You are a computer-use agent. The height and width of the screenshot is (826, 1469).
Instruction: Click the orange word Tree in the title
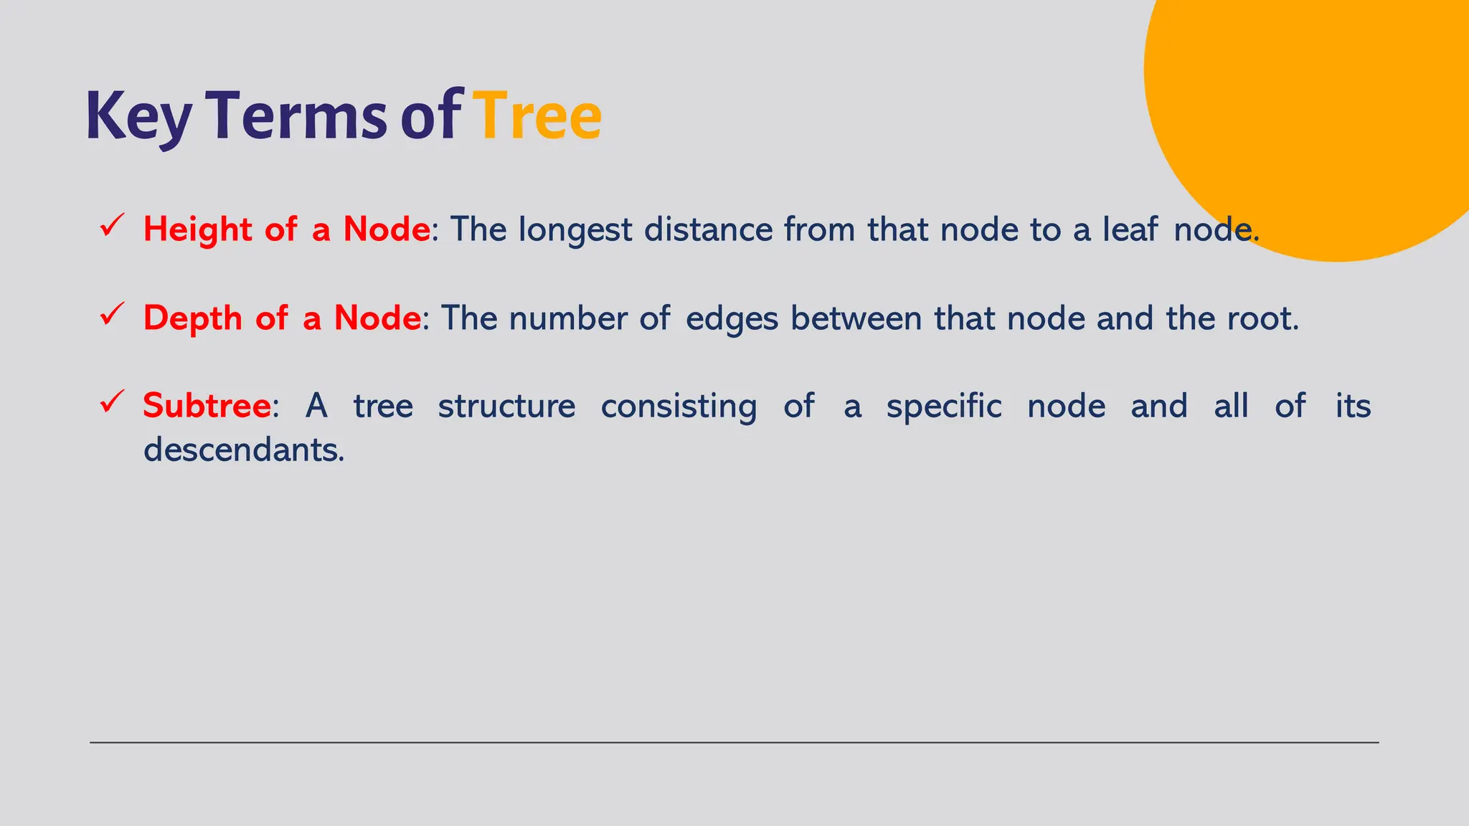(538, 116)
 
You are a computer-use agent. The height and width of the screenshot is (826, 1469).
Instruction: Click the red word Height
(197, 230)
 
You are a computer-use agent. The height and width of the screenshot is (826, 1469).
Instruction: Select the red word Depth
(192, 318)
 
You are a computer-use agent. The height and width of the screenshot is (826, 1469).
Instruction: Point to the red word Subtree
(207, 406)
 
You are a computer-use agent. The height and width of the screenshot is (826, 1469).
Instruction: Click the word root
(1262, 318)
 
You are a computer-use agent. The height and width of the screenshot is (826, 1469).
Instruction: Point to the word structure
(506, 407)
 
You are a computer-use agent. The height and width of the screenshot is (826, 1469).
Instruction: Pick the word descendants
(244, 450)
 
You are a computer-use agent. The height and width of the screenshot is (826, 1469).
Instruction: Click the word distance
(708, 230)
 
